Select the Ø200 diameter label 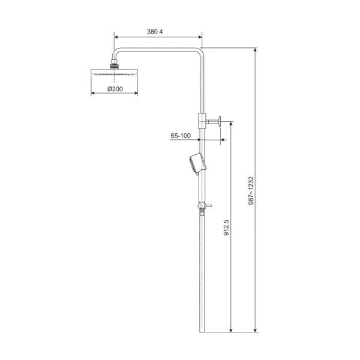tap(115, 88)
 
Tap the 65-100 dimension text tap(180, 136)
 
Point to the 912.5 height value tap(227, 229)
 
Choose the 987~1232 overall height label tap(251, 191)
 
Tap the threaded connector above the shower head tap(114, 62)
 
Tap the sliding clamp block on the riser tap(202, 119)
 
